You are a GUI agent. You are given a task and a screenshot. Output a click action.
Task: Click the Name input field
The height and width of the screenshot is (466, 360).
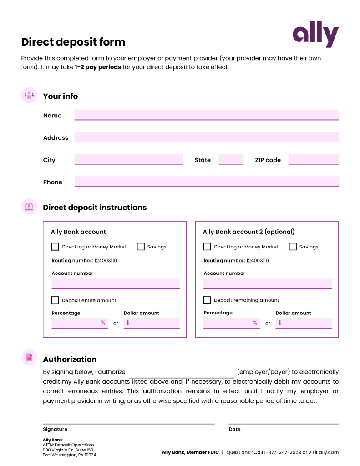point(206,115)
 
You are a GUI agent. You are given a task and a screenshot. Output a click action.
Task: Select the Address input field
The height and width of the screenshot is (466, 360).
point(206,137)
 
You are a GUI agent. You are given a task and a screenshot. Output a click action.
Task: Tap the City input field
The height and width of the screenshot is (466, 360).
point(128,159)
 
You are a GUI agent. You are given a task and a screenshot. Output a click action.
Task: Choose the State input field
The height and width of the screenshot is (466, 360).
point(231,159)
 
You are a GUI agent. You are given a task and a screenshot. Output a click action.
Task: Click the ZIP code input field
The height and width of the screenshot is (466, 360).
point(313,159)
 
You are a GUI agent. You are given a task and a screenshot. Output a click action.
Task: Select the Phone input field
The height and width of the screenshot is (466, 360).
point(206,182)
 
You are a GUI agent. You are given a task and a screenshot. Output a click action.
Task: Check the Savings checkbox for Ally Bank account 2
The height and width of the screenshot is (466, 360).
point(293,247)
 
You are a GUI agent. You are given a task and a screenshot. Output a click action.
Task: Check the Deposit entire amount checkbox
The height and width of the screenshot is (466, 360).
point(55,300)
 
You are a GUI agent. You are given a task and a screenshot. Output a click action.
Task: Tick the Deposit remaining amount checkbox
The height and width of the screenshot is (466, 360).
point(207,300)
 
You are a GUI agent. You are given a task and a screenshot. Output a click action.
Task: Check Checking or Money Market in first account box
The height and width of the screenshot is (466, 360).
point(55,247)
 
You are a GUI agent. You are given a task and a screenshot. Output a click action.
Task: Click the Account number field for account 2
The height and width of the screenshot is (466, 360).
point(267,283)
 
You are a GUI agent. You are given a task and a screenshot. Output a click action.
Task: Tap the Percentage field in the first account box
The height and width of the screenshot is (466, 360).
point(79,323)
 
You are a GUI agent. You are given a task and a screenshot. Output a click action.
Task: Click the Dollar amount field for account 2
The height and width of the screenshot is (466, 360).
point(304,323)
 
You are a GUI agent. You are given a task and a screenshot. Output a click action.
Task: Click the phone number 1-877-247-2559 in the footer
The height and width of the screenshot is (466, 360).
point(282,452)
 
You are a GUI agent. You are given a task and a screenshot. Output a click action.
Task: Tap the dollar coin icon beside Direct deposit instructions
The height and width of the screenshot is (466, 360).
point(29,207)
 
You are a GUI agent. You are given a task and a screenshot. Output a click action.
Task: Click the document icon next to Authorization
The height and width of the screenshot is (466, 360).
point(29,358)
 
